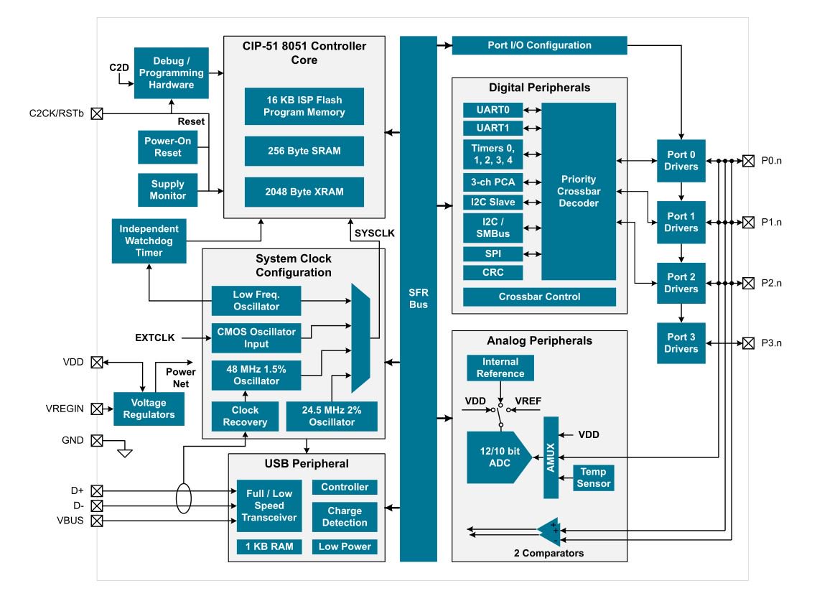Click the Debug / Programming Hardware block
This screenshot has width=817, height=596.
click(x=171, y=73)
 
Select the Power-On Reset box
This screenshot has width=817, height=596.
click(x=167, y=147)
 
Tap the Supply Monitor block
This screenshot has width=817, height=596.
click(x=167, y=190)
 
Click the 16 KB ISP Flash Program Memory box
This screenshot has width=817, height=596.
click(x=304, y=106)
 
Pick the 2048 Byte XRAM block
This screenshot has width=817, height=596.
click(x=304, y=192)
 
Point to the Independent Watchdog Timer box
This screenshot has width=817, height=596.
click(x=149, y=241)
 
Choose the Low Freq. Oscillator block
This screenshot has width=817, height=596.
click(x=256, y=301)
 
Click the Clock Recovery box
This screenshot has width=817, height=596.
click(x=245, y=416)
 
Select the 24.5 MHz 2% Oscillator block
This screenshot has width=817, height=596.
click(x=332, y=416)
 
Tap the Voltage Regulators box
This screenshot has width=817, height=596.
click(x=149, y=409)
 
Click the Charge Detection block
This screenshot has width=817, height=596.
click(x=345, y=517)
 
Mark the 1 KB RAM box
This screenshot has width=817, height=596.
click(x=269, y=546)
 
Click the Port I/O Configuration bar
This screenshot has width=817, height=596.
click(x=539, y=45)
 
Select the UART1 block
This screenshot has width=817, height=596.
click(x=492, y=128)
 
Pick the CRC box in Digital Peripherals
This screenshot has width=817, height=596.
click(x=492, y=272)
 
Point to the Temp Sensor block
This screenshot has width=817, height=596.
click(x=593, y=478)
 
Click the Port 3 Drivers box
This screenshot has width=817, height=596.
click(x=681, y=343)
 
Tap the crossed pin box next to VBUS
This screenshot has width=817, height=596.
click(x=97, y=521)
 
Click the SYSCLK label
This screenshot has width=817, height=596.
click(x=375, y=233)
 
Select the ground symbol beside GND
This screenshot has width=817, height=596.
click(x=126, y=452)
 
